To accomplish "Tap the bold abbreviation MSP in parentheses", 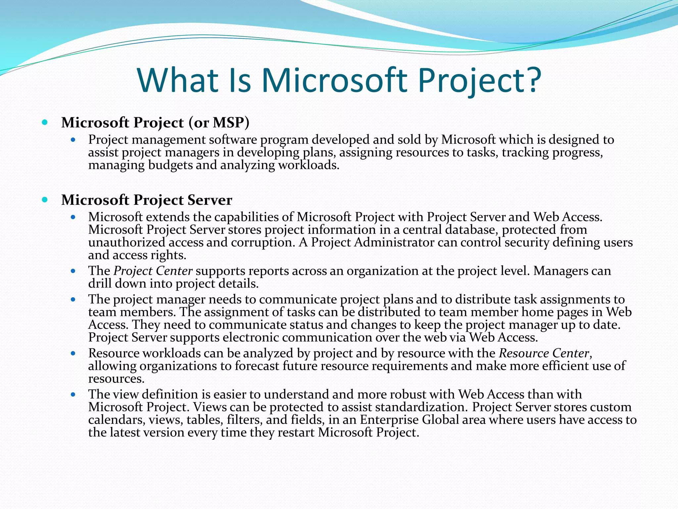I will pos(228,123).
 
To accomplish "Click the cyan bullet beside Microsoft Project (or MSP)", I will pos(45,123).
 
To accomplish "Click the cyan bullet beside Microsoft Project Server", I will pos(45,200).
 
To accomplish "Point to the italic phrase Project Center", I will pos(153,271).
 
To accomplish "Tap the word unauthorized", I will pos(126,243).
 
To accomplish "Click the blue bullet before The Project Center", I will pos(73,271).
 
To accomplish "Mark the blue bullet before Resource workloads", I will pos(73,354).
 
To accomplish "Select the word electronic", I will pos(246,337).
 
